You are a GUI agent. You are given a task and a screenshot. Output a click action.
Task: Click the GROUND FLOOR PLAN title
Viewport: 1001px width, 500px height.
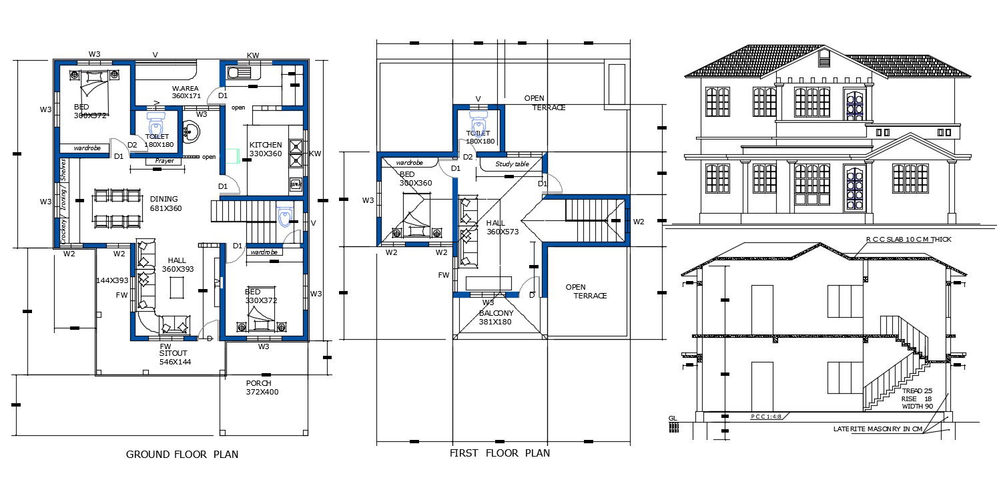[x=182, y=455]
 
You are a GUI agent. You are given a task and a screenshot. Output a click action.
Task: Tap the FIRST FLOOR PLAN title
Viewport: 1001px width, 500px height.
[x=500, y=453]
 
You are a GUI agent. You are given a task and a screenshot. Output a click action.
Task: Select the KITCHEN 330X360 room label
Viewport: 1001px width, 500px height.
[x=266, y=150]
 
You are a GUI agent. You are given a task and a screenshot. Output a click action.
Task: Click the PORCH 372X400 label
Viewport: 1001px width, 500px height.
[x=262, y=388]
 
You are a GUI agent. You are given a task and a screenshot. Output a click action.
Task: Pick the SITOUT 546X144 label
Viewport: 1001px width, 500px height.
[x=175, y=357]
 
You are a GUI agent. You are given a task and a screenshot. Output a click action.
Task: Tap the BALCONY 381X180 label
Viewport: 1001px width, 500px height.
[x=496, y=317]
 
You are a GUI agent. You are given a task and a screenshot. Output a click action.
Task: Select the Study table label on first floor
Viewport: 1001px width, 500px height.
[x=512, y=164]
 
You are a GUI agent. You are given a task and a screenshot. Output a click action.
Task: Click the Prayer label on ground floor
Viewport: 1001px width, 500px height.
[x=164, y=161]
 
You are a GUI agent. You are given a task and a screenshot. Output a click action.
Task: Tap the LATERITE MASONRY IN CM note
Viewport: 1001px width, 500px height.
[x=878, y=429]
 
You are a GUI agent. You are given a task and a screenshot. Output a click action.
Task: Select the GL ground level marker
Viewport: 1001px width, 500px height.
[x=673, y=419]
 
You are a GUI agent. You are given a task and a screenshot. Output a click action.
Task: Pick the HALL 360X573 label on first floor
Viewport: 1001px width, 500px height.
[x=502, y=227]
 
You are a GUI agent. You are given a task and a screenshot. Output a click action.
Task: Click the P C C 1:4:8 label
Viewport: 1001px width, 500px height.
[x=765, y=417]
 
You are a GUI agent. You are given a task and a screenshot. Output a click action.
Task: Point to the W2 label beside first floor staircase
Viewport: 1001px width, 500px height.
[x=639, y=222]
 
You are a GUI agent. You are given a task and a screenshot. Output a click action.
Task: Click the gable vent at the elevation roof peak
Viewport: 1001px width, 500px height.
[x=824, y=60]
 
